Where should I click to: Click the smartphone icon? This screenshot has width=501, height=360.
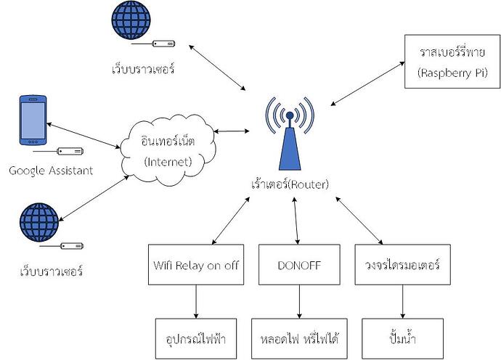click(x=32, y=120)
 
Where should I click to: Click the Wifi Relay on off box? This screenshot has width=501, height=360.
click(x=195, y=265)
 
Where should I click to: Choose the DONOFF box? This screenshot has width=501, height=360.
click(x=298, y=265)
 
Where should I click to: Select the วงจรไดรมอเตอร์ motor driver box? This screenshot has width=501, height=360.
click(x=399, y=265)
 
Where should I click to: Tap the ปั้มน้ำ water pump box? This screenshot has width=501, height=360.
click(x=399, y=337)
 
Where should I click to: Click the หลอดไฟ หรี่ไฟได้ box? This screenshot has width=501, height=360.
click(x=298, y=337)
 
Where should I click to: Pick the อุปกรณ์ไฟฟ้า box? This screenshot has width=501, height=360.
click(x=195, y=337)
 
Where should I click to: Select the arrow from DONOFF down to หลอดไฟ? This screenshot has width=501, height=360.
click(x=298, y=300)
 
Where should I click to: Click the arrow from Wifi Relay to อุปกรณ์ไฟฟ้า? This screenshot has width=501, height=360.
click(x=195, y=300)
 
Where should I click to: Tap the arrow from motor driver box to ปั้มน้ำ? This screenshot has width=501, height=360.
click(x=399, y=300)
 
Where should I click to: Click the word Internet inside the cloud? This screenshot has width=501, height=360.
click(x=168, y=161)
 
